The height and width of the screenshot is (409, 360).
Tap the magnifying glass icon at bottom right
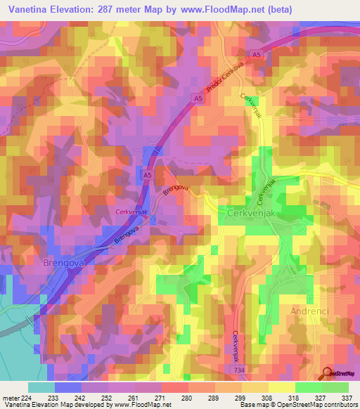coord(328,372)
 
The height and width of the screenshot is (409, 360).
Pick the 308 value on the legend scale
coord(257,397)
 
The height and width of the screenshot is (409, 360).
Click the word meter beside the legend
coord(11,397)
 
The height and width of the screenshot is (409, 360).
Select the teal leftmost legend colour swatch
coord(41,387)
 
